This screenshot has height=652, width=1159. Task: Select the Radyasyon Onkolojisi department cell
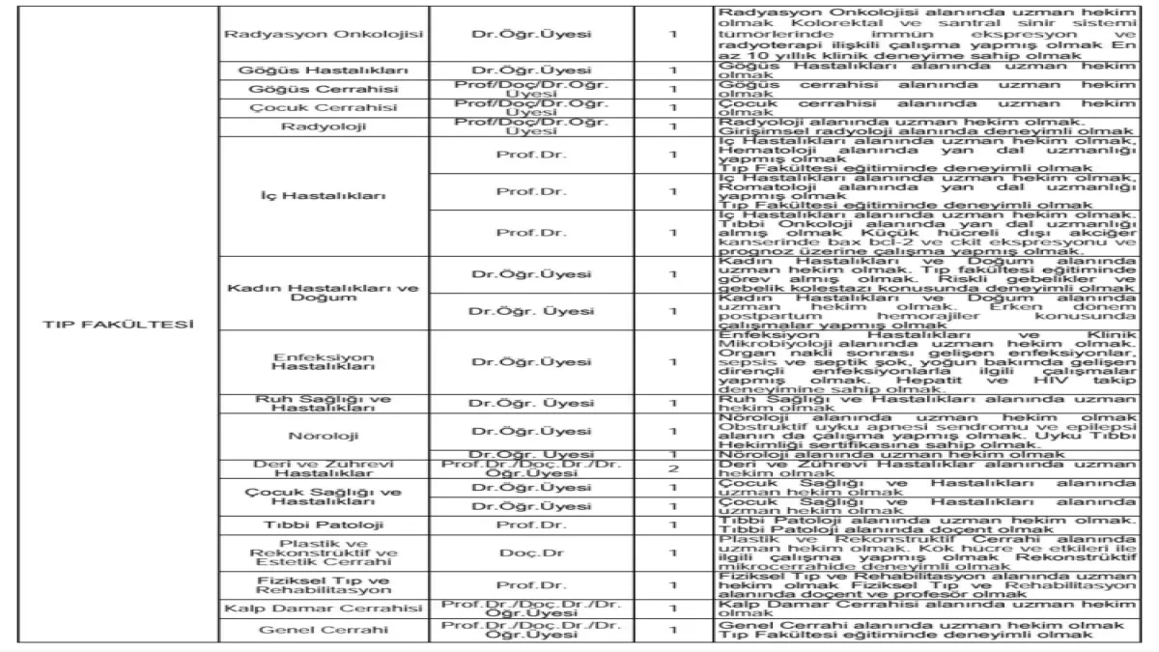click(x=325, y=33)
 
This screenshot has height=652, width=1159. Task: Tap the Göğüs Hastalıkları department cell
click(x=325, y=71)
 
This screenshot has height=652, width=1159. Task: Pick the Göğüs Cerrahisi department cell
click(x=325, y=89)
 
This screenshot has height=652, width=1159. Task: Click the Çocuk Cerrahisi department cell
click(x=325, y=107)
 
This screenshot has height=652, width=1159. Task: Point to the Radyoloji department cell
click(x=325, y=126)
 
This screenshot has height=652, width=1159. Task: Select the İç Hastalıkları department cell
click(x=325, y=196)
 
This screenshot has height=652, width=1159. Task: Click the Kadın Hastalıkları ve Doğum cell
click(x=325, y=293)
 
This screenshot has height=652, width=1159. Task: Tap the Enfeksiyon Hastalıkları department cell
click(x=325, y=361)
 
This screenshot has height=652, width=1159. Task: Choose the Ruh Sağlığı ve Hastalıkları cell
click(x=325, y=404)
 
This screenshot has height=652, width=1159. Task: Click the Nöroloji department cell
click(x=325, y=431)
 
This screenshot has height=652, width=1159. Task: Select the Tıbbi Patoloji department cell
click(x=325, y=524)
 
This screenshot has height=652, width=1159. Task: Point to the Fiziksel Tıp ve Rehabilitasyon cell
click(x=325, y=585)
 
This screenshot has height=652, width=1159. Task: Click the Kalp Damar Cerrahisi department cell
click(x=325, y=609)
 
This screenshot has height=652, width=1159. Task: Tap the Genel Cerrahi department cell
click(x=325, y=630)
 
